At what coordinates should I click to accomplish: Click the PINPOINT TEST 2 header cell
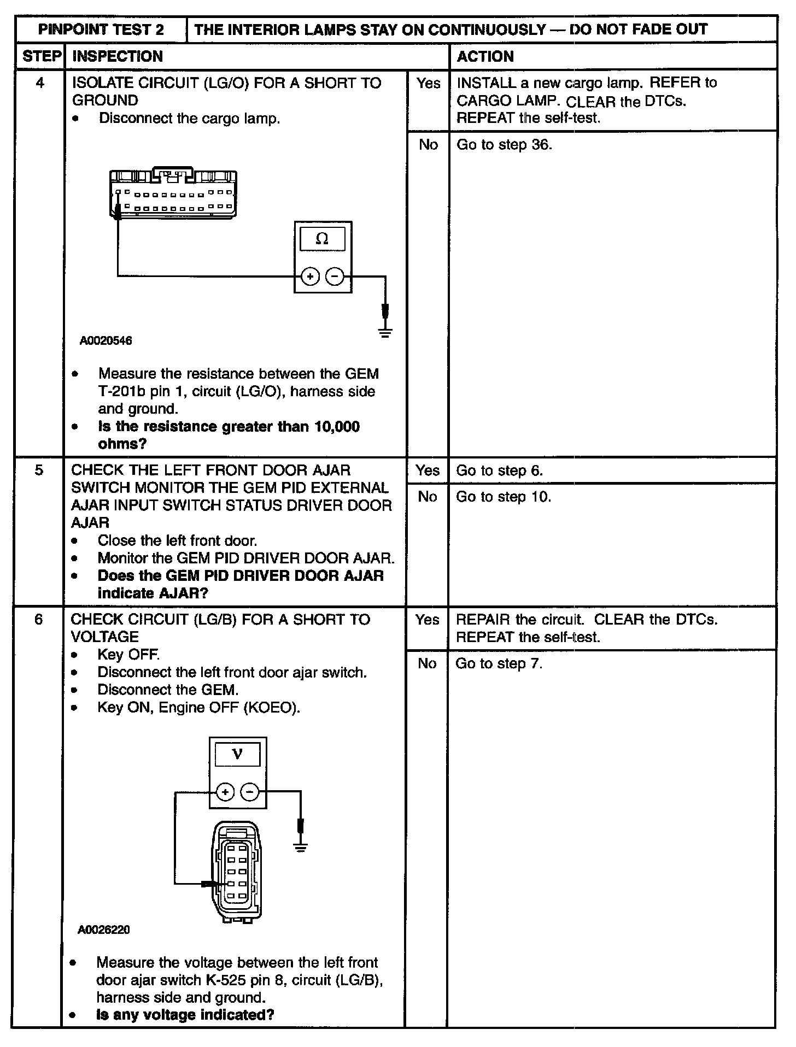click(x=101, y=30)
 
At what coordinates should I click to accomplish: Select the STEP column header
click(x=41, y=56)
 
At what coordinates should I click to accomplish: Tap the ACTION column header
click(x=485, y=56)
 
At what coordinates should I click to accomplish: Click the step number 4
click(x=40, y=83)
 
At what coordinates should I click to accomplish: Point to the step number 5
click(x=39, y=470)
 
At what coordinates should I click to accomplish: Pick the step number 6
click(x=38, y=619)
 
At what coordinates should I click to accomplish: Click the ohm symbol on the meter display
click(x=323, y=239)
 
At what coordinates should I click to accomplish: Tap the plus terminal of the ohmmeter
click(x=310, y=277)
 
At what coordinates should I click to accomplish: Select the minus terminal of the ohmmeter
click(x=335, y=277)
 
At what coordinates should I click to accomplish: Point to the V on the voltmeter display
click(x=237, y=754)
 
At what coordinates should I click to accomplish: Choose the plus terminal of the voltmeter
click(x=225, y=792)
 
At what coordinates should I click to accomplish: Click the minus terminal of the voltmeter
click(x=250, y=792)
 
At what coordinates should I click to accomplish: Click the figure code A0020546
click(x=106, y=341)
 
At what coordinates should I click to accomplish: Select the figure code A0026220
click(x=104, y=930)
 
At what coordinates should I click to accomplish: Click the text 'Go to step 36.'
click(x=504, y=145)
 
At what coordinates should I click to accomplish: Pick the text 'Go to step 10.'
click(x=504, y=497)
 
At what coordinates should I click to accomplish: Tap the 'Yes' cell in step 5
click(x=427, y=470)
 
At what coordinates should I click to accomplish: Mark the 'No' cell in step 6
click(x=427, y=663)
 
